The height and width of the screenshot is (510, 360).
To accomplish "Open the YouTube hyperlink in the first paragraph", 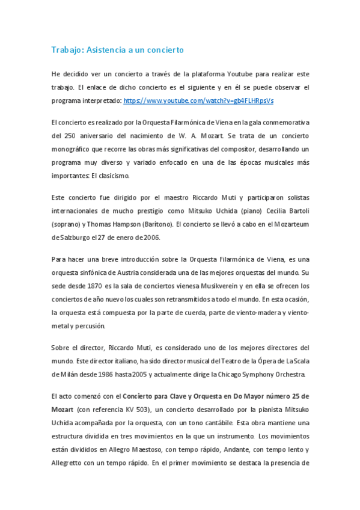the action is click(x=198, y=100).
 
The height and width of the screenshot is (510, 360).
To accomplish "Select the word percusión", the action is click(x=89, y=326).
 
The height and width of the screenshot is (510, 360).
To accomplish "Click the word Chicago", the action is click(x=236, y=374).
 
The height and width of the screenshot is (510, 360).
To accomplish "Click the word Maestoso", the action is click(x=144, y=449).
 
